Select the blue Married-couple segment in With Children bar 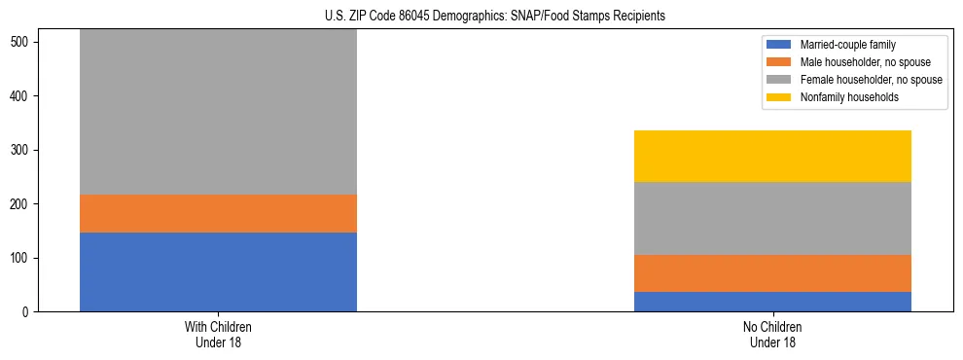point(218,271)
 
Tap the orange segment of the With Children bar point(218,213)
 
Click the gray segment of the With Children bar point(218,112)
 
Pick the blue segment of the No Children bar point(772,302)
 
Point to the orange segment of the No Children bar point(772,273)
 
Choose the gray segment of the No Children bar point(772,219)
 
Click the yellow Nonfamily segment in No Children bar point(772,157)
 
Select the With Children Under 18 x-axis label point(218,334)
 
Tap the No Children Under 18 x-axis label point(772,334)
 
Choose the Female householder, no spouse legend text point(871,80)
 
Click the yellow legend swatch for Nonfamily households point(780,97)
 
